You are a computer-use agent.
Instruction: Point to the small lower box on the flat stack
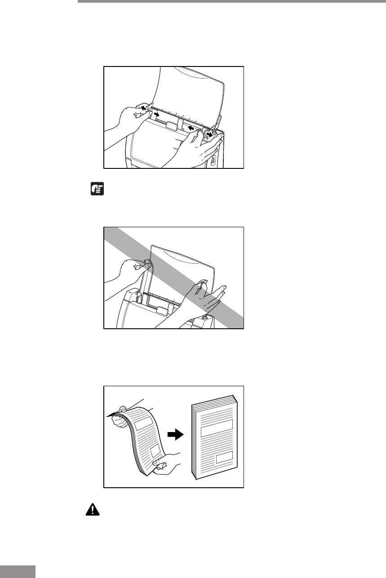point(224,458)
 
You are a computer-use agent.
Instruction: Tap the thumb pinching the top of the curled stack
point(122,409)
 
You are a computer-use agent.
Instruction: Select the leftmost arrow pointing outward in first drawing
point(143,108)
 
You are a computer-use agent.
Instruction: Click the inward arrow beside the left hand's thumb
point(156,115)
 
